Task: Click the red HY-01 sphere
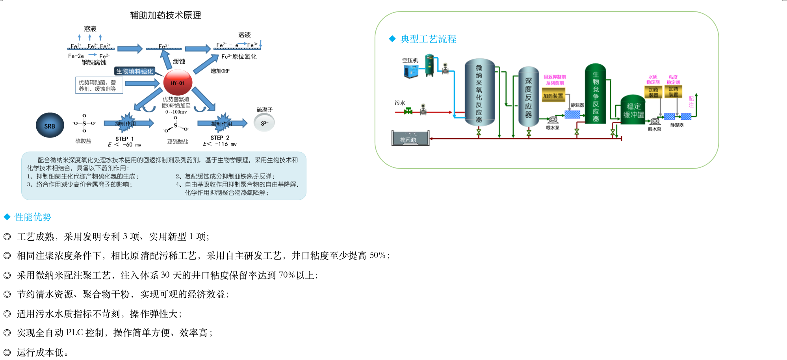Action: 178,83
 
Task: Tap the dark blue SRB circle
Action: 50,126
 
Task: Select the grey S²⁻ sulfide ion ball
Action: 264,123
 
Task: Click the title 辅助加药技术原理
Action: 165,15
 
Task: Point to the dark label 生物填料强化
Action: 134,71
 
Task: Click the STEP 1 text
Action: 124,139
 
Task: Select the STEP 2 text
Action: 220,138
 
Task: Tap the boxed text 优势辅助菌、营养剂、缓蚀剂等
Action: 99,85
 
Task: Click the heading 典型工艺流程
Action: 428,39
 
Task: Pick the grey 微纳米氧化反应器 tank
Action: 479,93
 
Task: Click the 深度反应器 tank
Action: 529,96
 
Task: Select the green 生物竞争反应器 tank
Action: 595,94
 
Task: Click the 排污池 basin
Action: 410,139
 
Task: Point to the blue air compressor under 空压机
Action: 411,71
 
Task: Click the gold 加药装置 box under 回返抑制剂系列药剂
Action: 553,96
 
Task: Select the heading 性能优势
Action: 33,217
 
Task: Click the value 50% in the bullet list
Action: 377,256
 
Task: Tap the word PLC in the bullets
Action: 74,332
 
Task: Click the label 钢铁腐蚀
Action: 94,63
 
